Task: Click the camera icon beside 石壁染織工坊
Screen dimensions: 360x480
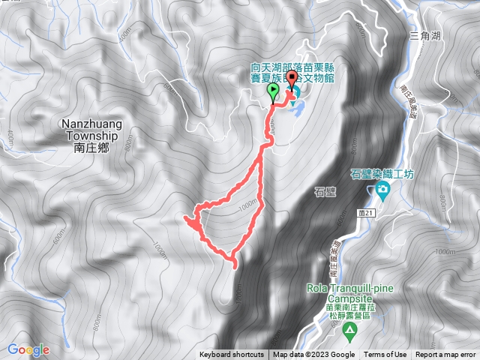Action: pos(382,190)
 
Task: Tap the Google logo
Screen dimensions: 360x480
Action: pos(28,349)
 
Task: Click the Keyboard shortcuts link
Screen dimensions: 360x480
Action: pos(232,355)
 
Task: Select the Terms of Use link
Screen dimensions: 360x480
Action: pos(385,355)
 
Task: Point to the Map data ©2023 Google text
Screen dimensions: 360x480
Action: pos(314,355)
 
